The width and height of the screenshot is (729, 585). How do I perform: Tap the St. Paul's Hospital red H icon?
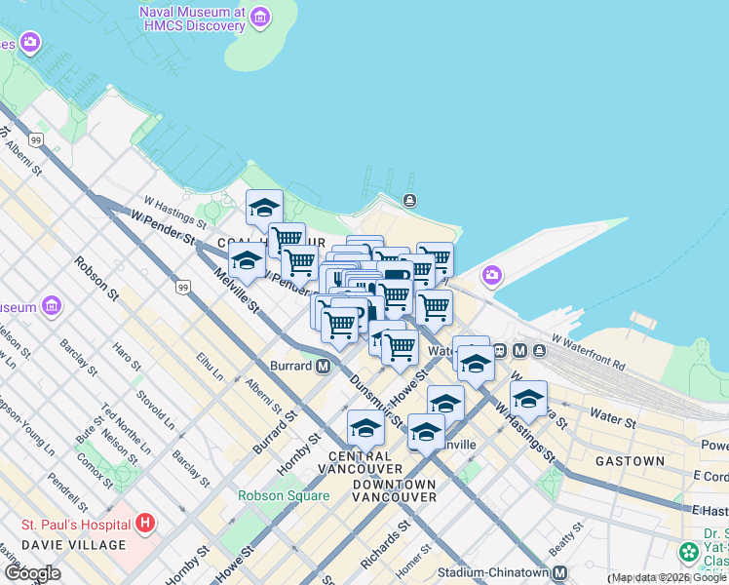coord(145,524)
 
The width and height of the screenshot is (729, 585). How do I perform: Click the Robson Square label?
coord(284,494)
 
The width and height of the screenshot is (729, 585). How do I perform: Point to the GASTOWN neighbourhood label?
coord(630,460)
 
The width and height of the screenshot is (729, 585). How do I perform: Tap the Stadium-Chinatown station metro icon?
coord(559,573)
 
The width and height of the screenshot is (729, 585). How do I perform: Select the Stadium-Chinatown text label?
coord(494,573)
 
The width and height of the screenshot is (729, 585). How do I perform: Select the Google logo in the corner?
coord(32,573)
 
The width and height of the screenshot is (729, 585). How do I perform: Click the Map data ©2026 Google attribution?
coord(669,578)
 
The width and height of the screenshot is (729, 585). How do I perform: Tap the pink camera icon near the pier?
coord(490,276)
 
